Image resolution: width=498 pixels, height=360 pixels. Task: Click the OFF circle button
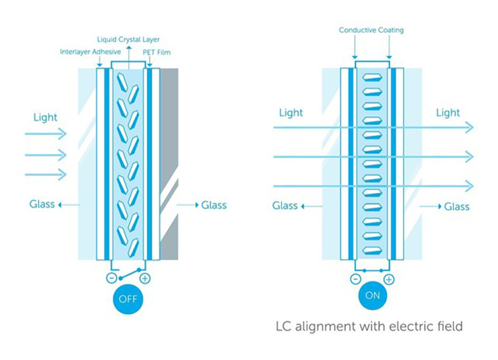click(x=128, y=300)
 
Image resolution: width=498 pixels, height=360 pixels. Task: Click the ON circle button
click(x=372, y=295)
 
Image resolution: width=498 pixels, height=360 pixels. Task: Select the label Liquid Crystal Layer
click(x=128, y=39)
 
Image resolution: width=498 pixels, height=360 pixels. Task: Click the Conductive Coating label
click(x=371, y=30)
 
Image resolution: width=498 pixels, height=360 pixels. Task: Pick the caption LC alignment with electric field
click(x=369, y=326)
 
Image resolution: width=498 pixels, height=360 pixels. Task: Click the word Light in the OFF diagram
click(x=45, y=117)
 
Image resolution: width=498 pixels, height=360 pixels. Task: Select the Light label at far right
click(x=448, y=113)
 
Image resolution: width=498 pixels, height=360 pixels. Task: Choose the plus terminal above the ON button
click(x=389, y=279)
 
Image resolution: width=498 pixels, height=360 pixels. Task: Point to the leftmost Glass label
click(x=42, y=204)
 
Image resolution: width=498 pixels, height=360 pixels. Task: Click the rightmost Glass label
click(x=457, y=207)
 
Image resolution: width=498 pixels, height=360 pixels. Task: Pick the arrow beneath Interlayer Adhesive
click(x=100, y=63)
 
